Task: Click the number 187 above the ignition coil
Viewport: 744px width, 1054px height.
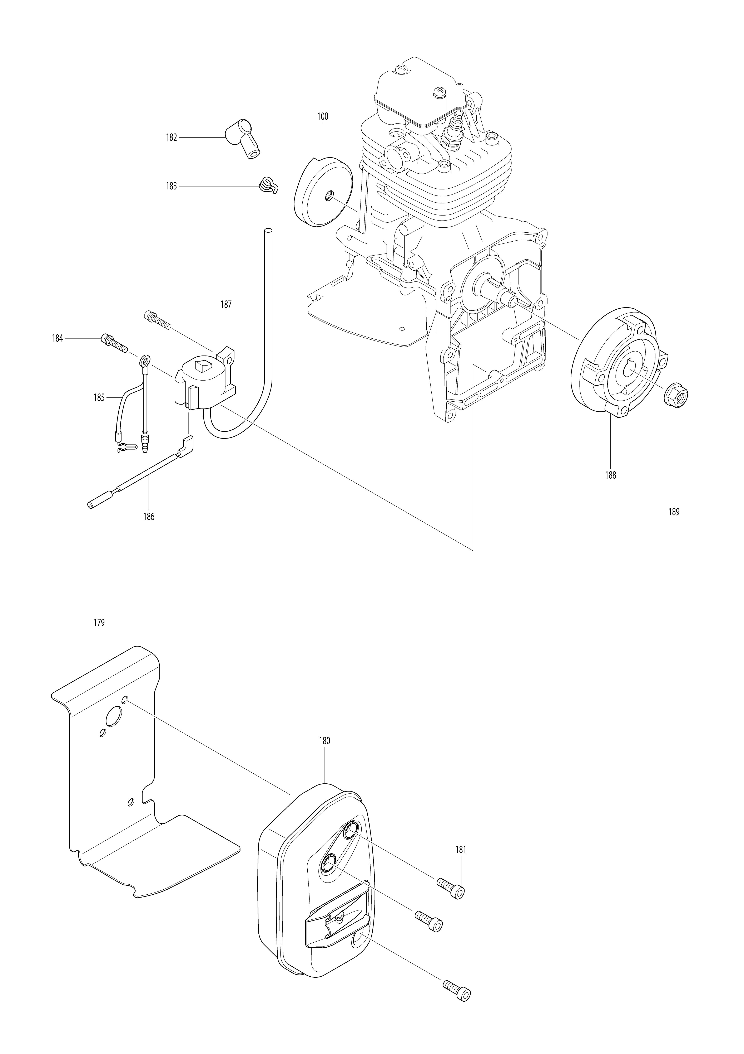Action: [x=226, y=304]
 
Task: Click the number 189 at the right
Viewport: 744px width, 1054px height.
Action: [x=674, y=512]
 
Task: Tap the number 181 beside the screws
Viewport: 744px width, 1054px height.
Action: [x=461, y=850]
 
